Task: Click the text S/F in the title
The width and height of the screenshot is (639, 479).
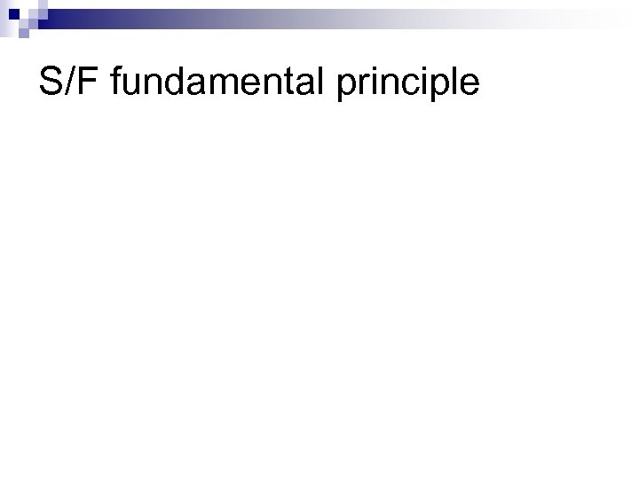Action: [68, 82]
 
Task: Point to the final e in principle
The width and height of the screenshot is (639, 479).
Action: [469, 85]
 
